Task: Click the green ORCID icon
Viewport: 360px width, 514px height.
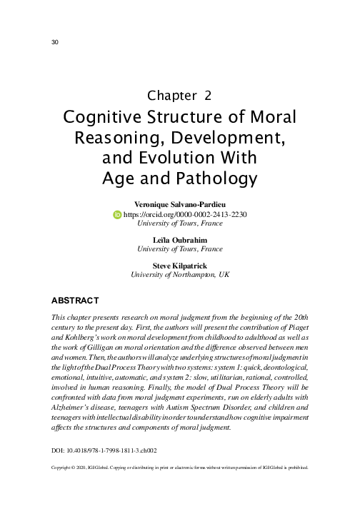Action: click(x=118, y=213)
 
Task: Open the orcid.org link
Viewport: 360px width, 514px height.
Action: click(x=185, y=213)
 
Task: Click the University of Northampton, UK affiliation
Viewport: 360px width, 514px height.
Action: click(x=179, y=274)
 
